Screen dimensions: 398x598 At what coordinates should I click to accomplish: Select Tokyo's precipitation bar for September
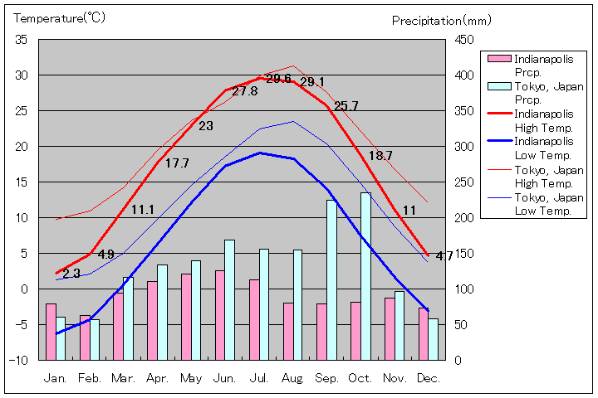(331, 279)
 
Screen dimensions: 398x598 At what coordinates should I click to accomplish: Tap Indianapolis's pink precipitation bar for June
(220, 315)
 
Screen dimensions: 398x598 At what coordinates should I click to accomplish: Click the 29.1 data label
(312, 82)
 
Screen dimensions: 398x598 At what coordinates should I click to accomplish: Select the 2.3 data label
(71, 273)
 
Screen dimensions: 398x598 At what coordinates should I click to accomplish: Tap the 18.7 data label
(380, 155)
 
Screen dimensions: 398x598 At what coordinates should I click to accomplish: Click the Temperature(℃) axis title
(60, 17)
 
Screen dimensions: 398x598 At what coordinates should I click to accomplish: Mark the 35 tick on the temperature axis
(22, 40)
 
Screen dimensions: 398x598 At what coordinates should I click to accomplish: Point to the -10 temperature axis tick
(20, 360)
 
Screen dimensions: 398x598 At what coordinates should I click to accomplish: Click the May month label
(191, 377)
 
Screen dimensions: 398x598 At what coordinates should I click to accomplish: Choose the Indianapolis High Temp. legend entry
(544, 120)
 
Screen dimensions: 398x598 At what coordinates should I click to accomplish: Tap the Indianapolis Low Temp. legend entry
(544, 148)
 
